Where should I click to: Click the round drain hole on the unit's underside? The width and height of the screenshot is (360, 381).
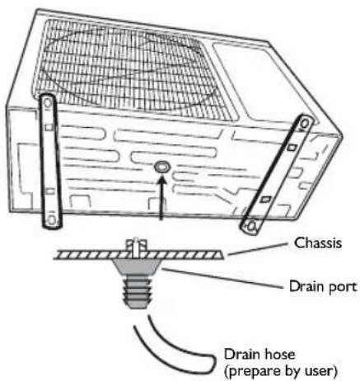162,167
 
